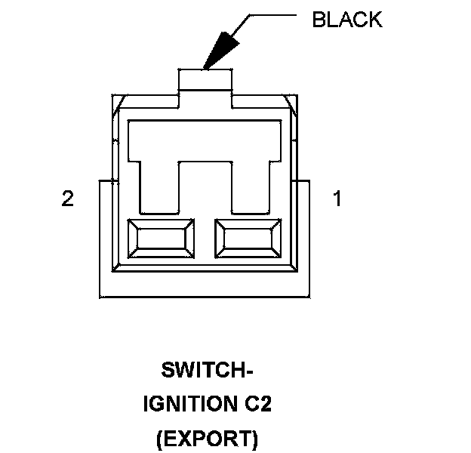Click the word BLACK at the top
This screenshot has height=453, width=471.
pyautogui.click(x=346, y=20)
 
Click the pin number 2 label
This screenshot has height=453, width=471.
pyautogui.click(x=68, y=199)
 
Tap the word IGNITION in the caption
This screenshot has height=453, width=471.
pyautogui.click(x=186, y=405)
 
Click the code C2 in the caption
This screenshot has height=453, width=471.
pyautogui.click(x=257, y=405)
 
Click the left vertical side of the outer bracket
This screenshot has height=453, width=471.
pyautogui.click(x=100, y=238)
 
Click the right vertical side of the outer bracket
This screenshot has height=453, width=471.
pyautogui.click(x=311, y=238)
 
